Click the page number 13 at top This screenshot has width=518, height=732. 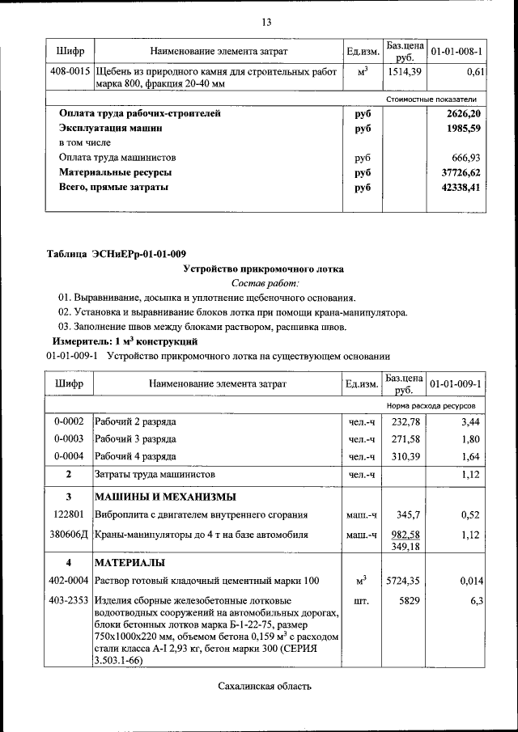[x=265, y=22]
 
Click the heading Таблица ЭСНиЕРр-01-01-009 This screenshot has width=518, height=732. [x=116, y=255]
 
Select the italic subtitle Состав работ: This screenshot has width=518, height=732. [x=265, y=283]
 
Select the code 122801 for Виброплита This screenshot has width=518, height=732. [x=69, y=514]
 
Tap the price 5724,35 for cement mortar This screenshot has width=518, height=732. [x=404, y=581]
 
